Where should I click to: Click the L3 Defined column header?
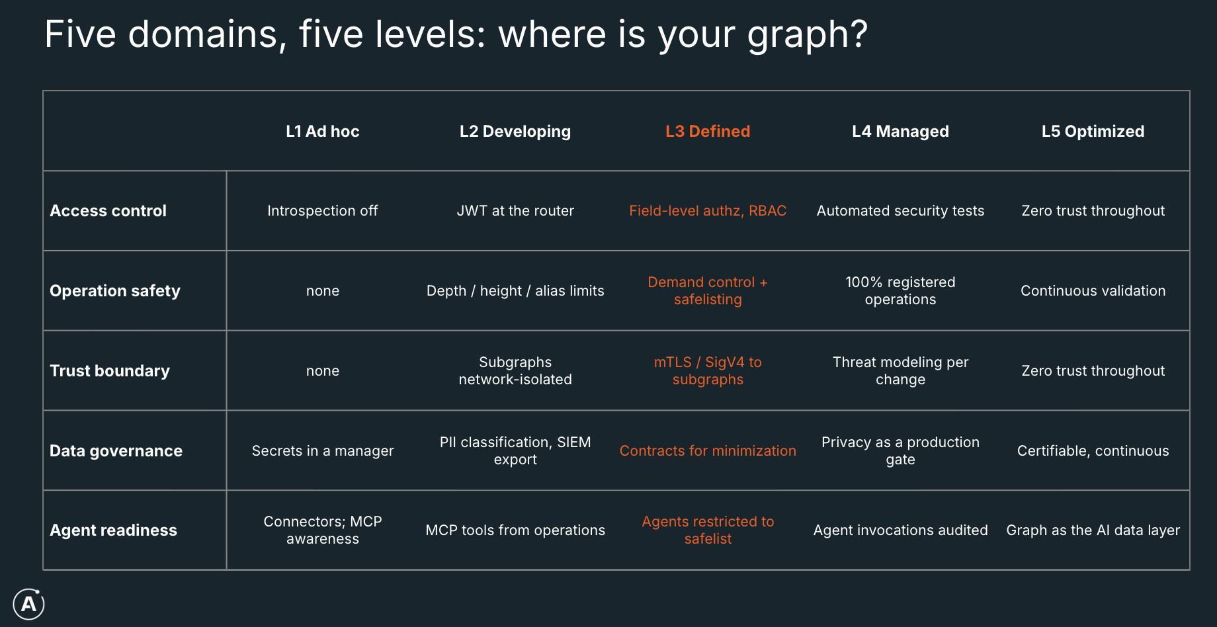pos(708,131)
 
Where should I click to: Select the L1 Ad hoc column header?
pos(323,131)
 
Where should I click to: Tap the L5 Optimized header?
pos(1093,131)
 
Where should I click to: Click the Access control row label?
pos(108,210)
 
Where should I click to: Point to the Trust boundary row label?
pos(110,370)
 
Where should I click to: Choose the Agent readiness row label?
pos(114,530)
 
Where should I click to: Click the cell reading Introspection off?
pos(323,210)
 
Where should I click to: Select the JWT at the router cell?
pos(515,210)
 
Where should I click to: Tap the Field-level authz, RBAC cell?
pos(708,210)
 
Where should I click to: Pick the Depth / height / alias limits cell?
pos(515,290)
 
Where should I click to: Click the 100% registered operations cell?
pos(900,290)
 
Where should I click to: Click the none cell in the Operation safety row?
pos(323,291)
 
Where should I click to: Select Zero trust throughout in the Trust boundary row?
pos(1093,370)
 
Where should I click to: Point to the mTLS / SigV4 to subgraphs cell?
pos(708,370)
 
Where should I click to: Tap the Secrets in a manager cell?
pos(323,450)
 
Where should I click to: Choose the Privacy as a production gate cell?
pos(900,450)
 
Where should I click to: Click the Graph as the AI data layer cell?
pos(1093,530)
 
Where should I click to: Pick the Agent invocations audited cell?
pos(900,530)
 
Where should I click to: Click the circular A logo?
pos(29,604)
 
